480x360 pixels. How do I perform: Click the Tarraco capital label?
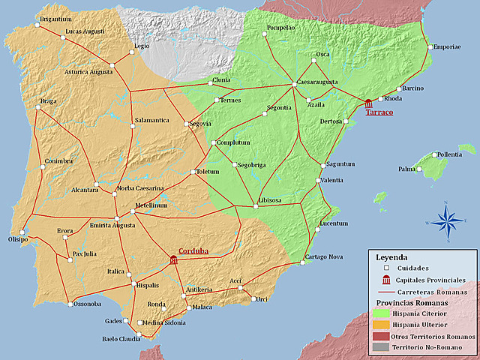tap(379, 114)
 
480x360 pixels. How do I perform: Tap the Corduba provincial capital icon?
tap(174, 259)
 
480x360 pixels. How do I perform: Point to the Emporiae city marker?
tap(430, 47)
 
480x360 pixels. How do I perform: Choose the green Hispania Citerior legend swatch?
tap(381, 313)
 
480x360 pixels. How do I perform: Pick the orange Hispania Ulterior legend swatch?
tap(381, 325)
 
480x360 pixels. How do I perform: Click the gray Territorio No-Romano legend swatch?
tap(381, 348)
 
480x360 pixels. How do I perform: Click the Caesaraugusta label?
tap(316, 82)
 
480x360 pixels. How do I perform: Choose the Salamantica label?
tap(152, 119)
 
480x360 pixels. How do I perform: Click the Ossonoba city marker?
tap(71, 304)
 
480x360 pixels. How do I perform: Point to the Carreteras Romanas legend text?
tap(432, 292)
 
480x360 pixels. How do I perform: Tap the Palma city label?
tap(406, 169)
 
